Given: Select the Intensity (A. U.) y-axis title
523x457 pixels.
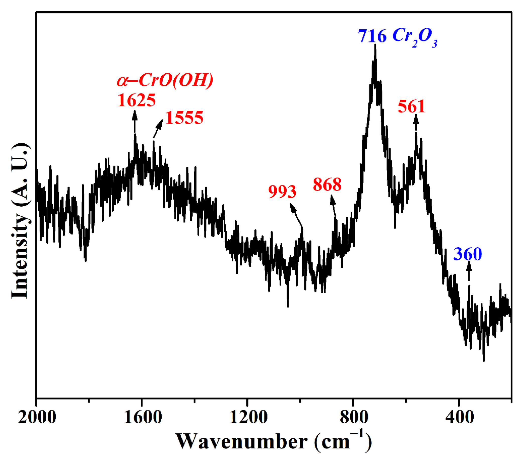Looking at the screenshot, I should pyautogui.click(x=20, y=221).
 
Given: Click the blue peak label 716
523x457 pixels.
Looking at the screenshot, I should pyautogui.click(x=372, y=36).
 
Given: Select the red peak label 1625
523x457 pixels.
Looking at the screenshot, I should pyautogui.click(x=137, y=100).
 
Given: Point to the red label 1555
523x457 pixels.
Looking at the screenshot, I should pyautogui.click(x=184, y=117).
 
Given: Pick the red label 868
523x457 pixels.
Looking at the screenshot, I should pyautogui.click(x=327, y=184).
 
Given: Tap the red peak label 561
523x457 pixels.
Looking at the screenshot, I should pyautogui.click(x=412, y=106).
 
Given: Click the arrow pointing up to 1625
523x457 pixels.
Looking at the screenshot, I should pyautogui.click(x=135, y=121).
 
